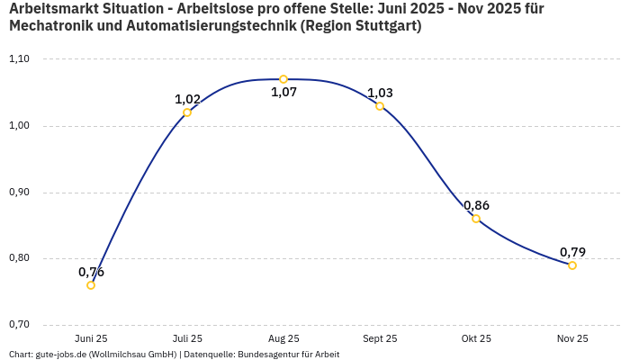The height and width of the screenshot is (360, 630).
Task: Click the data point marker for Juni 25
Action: (x=91, y=285)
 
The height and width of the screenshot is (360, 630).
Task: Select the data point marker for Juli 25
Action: (x=187, y=112)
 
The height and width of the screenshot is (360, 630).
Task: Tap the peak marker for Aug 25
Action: (x=283, y=79)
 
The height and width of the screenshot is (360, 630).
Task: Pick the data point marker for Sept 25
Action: (x=380, y=106)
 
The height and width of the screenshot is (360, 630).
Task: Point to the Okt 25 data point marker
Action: (x=476, y=219)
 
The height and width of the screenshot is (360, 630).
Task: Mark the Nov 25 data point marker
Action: (x=572, y=265)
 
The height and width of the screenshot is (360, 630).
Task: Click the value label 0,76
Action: (x=91, y=272)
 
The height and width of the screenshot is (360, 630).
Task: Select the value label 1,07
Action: (x=283, y=92)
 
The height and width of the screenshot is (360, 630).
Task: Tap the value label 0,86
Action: (x=476, y=205)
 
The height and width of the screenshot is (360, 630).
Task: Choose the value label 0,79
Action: (x=572, y=252)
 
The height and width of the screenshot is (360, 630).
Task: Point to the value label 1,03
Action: (x=380, y=93)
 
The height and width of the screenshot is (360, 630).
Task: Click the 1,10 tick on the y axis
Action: (x=19, y=59)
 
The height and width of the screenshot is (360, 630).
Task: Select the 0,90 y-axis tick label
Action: (x=19, y=193)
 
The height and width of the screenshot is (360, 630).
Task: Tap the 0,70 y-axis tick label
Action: (x=19, y=325)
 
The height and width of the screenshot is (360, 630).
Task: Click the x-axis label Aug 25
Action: (x=283, y=338)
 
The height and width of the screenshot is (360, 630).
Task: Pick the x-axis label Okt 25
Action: (x=476, y=338)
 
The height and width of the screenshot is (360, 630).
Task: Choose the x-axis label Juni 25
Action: (x=91, y=338)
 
